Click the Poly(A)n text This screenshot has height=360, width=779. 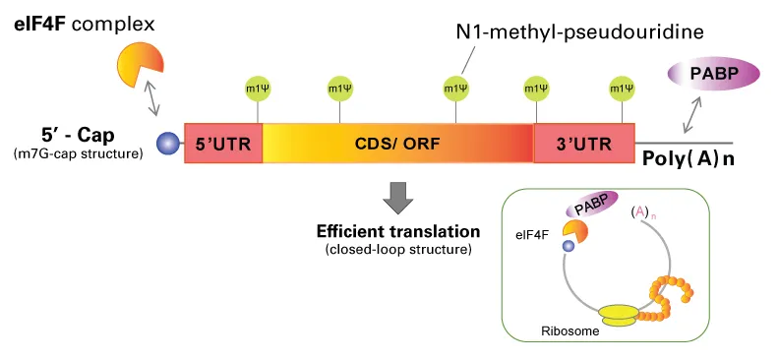tap(688, 157)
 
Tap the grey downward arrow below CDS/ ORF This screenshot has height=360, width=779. tap(397, 197)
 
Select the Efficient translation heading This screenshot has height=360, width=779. tap(397, 232)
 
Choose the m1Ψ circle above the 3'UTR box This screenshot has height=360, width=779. tap(622, 88)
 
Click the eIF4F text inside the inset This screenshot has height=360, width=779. tap(531, 235)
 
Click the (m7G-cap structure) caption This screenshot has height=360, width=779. tap(79, 154)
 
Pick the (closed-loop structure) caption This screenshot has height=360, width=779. tap(397, 251)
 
